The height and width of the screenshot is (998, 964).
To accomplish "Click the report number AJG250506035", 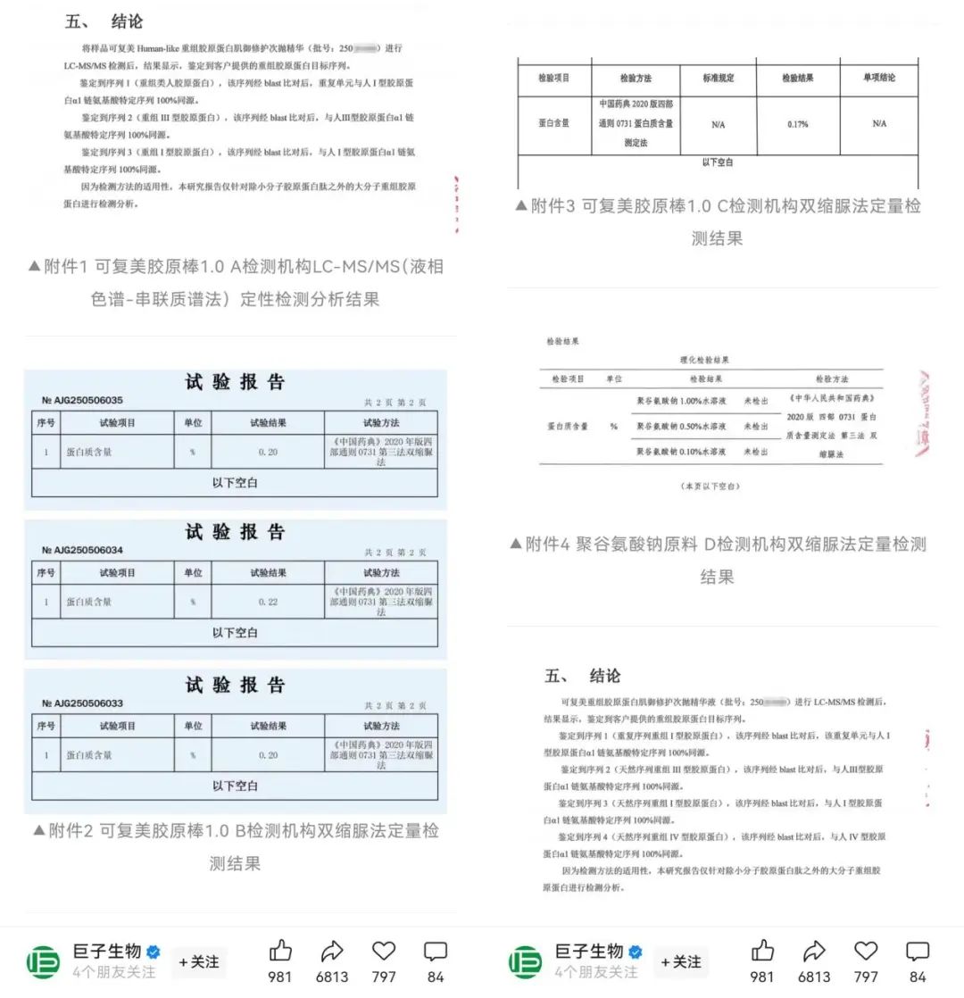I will click(x=82, y=400).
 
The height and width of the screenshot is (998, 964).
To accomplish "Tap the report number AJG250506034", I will click(x=82, y=550).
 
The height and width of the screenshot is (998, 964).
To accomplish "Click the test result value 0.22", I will click(x=268, y=602).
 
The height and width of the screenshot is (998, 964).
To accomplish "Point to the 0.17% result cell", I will click(x=797, y=124).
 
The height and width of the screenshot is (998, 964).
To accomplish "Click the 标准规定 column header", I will click(x=718, y=79).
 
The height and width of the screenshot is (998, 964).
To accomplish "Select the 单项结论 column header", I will click(x=878, y=79).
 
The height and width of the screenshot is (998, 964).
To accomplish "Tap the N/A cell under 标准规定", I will click(x=718, y=125).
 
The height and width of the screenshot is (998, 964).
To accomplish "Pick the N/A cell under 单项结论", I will click(x=878, y=124).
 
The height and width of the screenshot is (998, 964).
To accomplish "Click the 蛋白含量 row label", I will click(x=553, y=124).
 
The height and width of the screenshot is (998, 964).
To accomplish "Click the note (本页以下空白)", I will click(x=711, y=487).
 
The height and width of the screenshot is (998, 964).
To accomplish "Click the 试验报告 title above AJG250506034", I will click(x=235, y=532).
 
